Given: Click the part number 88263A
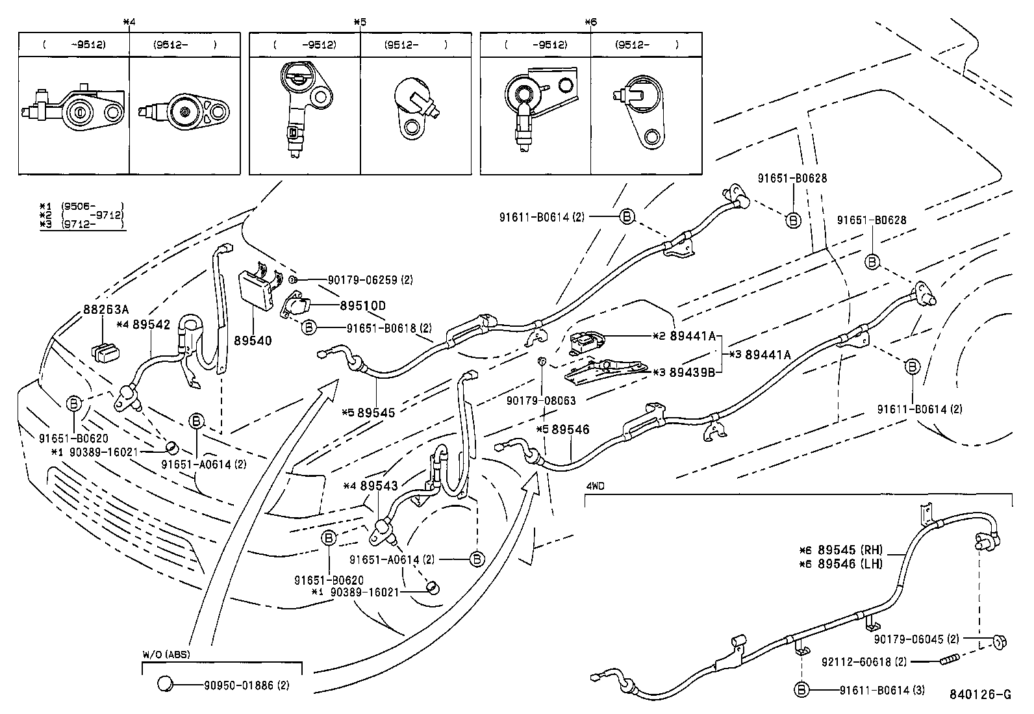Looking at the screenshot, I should tap(105, 309).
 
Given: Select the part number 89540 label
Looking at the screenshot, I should tap(253, 340).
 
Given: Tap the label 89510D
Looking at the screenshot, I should tap(362, 305).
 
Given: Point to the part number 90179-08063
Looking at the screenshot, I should tap(541, 401).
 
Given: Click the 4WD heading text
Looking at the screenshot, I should tap(595, 485).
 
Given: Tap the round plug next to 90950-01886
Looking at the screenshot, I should tap(166, 683).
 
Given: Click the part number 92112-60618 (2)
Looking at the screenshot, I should tap(872, 661).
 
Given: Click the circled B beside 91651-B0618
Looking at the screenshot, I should tap(309, 328).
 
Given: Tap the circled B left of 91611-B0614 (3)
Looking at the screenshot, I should tap(801, 690).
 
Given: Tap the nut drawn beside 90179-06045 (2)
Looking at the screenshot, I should tap(998, 642).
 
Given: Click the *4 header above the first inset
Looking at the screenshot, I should tap(129, 21).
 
